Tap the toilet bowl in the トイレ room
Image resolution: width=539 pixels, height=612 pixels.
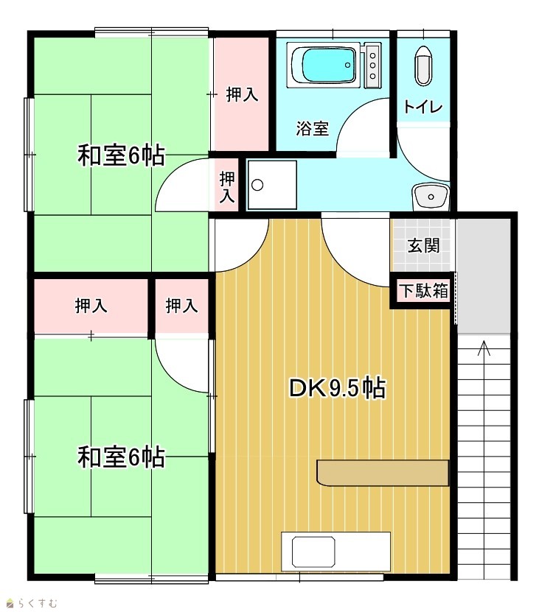pyautogui.click(x=423, y=66)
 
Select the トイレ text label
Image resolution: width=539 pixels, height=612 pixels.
pyautogui.click(x=423, y=107)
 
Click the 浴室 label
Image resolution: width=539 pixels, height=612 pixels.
pyautogui.click(x=312, y=128)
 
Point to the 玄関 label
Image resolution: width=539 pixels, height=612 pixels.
pyautogui.click(x=423, y=245)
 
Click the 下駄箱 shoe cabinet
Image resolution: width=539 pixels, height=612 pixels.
pyautogui.click(x=423, y=292)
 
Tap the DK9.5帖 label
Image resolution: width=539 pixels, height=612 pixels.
pyautogui.click(x=337, y=388)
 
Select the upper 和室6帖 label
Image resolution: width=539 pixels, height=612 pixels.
pyautogui.click(x=121, y=155)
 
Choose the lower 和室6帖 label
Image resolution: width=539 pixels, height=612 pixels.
pyautogui.click(x=121, y=457)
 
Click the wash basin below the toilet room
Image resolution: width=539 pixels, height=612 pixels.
pyautogui.click(x=431, y=196)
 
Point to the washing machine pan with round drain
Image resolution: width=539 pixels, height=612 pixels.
pyautogui.click(x=271, y=185)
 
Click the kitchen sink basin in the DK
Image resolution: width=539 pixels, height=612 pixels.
pyautogui.click(x=313, y=552)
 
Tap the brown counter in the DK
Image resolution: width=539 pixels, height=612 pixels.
pyautogui.click(x=382, y=473)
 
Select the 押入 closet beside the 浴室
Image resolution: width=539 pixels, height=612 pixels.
pyautogui.click(x=242, y=94)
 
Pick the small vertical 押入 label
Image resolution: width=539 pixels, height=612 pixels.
pyautogui.click(x=227, y=187)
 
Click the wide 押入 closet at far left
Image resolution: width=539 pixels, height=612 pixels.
pyautogui.click(x=91, y=306)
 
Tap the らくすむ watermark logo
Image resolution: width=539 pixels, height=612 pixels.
pyautogui.click(x=32, y=603)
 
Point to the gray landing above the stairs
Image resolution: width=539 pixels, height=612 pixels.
pyautogui.click(x=484, y=276)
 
